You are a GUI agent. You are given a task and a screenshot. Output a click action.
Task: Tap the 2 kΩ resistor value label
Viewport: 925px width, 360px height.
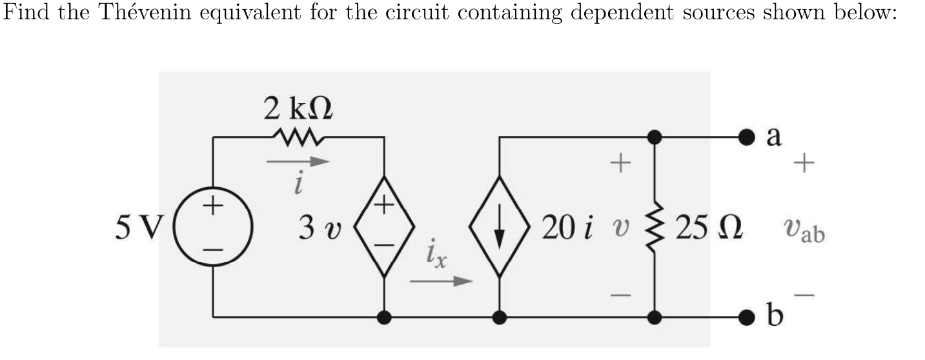[x=298, y=108]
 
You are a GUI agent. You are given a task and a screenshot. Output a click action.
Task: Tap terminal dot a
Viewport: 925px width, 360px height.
[x=747, y=137]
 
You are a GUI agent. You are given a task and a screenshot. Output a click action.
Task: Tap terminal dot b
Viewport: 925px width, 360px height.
[x=747, y=317]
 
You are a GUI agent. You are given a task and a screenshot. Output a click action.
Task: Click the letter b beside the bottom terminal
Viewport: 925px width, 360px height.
[x=775, y=316]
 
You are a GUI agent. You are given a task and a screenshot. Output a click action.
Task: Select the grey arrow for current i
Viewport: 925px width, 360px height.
[x=298, y=162]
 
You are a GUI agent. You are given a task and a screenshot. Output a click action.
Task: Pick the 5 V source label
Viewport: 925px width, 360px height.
[x=139, y=228]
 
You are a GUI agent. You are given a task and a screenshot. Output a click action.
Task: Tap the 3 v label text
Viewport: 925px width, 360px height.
[x=320, y=228]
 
